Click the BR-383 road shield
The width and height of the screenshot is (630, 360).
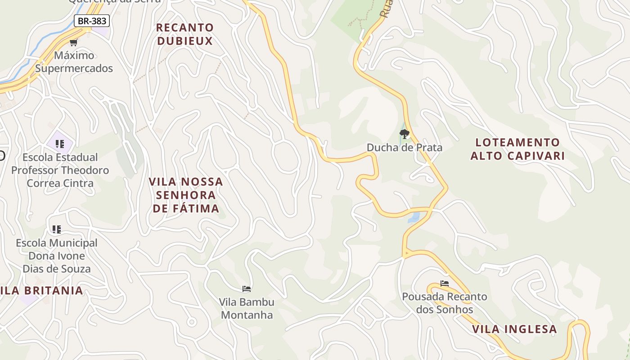click(x=91, y=21)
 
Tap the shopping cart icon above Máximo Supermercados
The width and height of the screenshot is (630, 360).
click(x=73, y=42)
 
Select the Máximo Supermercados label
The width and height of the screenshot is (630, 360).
click(x=74, y=62)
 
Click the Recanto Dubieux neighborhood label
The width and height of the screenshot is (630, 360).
click(x=184, y=34)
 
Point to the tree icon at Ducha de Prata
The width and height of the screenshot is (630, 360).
click(x=404, y=134)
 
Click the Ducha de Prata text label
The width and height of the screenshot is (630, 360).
click(x=404, y=148)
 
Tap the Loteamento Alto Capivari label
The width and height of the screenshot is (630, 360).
click(x=517, y=149)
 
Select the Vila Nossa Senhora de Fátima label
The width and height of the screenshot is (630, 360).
click(x=186, y=195)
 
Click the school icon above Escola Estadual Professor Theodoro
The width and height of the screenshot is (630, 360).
click(x=60, y=144)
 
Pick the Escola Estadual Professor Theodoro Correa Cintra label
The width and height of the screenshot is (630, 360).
click(x=60, y=170)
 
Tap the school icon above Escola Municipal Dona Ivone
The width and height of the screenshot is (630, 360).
click(x=57, y=229)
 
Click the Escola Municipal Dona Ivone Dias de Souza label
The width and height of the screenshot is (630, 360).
click(x=57, y=256)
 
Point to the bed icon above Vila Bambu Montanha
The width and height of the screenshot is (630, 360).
click(x=247, y=288)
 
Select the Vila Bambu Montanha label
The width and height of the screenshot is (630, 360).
click(x=247, y=308)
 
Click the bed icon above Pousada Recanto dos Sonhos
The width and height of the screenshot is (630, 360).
click(x=445, y=283)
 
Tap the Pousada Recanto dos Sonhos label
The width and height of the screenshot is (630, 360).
click(x=445, y=303)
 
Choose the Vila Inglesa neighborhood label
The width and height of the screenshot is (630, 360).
click(x=514, y=329)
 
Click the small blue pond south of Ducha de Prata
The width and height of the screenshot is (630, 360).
click(x=414, y=218)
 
